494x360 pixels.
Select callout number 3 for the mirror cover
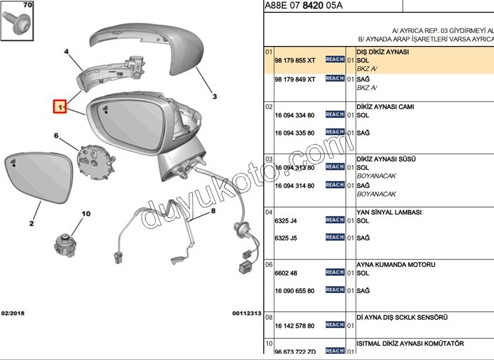tap(214, 96)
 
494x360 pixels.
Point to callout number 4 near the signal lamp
tap(66, 52)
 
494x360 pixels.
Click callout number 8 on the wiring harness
tap(213, 211)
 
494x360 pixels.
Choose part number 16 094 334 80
tap(294, 116)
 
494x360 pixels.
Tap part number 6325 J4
tap(285, 221)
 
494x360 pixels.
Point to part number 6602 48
tap(286, 273)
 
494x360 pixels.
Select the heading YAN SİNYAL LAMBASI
tap(388, 213)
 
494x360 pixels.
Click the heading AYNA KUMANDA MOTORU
tap(395, 265)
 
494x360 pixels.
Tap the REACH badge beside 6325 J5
tap(335, 237)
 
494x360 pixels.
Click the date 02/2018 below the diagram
tap(13, 313)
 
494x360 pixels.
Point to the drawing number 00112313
tap(246, 313)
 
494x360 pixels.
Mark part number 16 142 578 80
tap(294, 326)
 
